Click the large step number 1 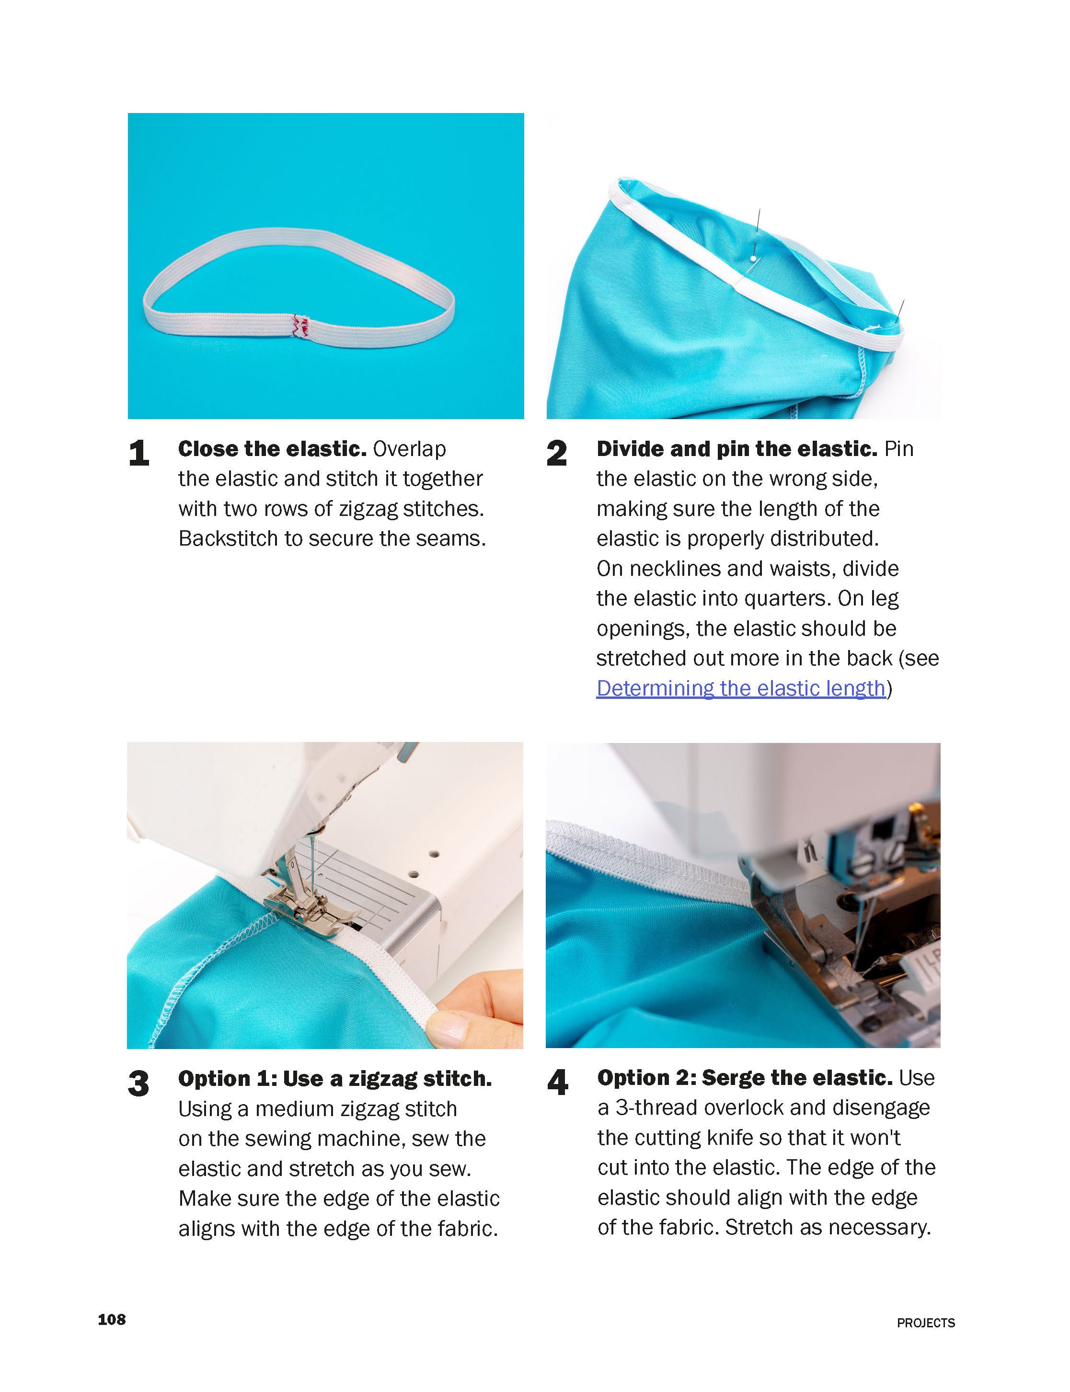[139, 454]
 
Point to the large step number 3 [139, 1083]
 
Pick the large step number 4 [557, 1083]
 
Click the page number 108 [112, 1319]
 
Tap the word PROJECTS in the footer [925, 1323]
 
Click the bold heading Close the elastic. [272, 449]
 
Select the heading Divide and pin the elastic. [737, 449]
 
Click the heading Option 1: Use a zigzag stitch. [335, 1079]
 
